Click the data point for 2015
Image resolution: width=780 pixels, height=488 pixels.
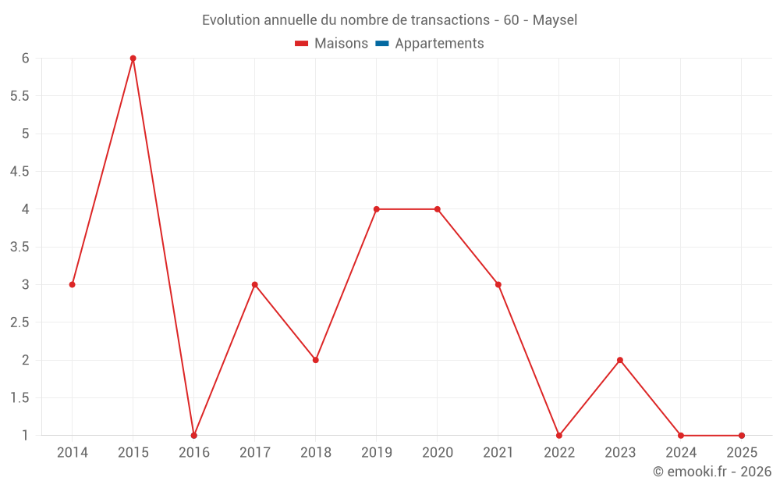tap(133, 59)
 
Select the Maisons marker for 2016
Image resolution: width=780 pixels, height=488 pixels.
tap(193, 436)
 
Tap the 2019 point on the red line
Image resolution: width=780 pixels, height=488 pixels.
tap(376, 209)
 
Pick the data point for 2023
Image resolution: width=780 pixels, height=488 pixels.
tap(620, 360)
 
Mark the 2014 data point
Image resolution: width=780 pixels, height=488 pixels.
tap(72, 284)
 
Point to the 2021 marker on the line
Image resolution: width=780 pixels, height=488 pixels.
tap(498, 284)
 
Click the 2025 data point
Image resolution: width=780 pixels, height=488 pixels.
tap(742, 436)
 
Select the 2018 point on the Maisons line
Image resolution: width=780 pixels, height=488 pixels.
tap(315, 360)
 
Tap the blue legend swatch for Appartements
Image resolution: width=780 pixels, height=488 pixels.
tap(382, 44)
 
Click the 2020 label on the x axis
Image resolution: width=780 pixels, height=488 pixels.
tap(437, 453)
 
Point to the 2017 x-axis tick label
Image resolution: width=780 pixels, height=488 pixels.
tap(254, 453)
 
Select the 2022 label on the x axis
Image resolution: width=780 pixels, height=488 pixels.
tap(559, 453)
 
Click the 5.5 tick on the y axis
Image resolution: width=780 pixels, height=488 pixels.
tap(19, 96)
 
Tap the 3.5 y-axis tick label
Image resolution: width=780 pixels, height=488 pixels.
tap(19, 247)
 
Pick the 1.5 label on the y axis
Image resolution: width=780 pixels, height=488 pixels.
tap(19, 398)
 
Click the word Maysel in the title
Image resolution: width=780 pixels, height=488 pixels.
tap(555, 20)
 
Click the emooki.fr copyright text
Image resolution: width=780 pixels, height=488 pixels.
tap(712, 472)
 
